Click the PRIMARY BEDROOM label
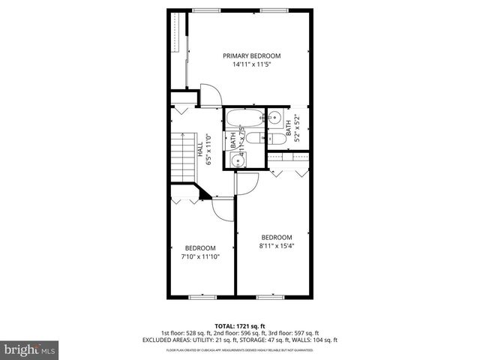click(x=251, y=55)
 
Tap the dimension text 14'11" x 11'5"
click(x=251, y=65)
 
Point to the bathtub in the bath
click(x=244, y=118)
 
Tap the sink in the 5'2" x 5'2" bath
click(x=275, y=118)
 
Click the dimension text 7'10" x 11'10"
click(x=200, y=256)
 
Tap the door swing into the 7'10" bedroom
click(x=223, y=209)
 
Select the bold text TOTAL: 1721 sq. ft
click(x=240, y=325)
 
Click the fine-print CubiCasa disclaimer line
click(x=240, y=349)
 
